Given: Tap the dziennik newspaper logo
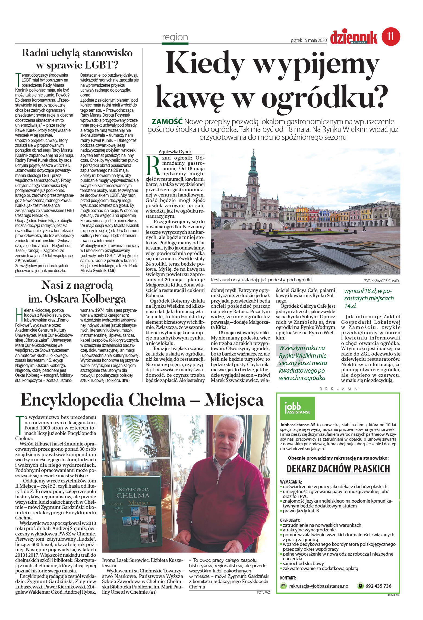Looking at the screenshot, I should tap(353, 38).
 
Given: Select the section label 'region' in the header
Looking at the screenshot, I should tap(175, 37).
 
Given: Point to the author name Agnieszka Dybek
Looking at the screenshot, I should tap(175, 152).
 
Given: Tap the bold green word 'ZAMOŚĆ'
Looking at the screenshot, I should tap(167, 121).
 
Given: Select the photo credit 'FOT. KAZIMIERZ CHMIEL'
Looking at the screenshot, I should tap(381, 281).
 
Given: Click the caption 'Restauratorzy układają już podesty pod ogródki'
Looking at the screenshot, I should tap(261, 280).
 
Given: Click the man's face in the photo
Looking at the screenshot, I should tap(229, 440).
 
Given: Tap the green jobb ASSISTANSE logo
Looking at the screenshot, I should tap(297, 408).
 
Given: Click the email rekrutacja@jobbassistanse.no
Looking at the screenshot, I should tap(318, 586).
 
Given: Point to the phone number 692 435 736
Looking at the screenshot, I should tap(378, 586).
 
